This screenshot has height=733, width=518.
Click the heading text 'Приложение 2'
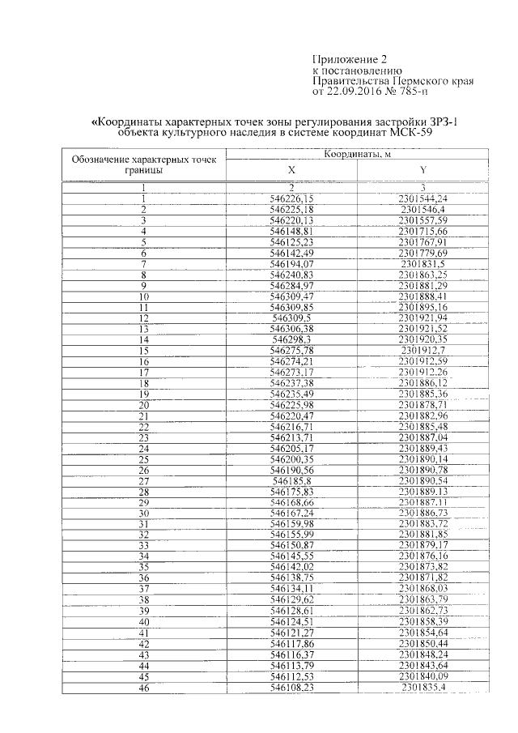pyautogui.click(x=346, y=59)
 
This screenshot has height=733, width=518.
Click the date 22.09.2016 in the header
pyautogui.click(x=368, y=92)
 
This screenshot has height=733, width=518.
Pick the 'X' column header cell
pyautogui.click(x=291, y=169)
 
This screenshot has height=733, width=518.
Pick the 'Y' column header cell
pyautogui.click(x=423, y=169)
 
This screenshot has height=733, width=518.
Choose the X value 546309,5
pyautogui.click(x=291, y=318)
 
